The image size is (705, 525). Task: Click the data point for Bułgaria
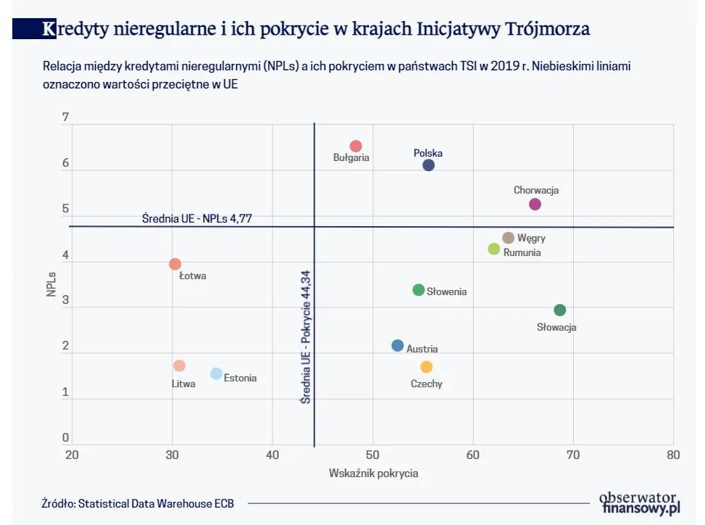pos(356,146)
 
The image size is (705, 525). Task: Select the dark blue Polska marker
pos(428,165)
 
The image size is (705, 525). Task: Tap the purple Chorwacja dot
pos(535,204)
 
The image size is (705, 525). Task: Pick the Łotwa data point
pos(175,265)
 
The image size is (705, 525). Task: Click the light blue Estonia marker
pos(216,373)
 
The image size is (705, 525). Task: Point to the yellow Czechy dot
pos(426,367)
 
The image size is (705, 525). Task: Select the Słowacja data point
pos(559,310)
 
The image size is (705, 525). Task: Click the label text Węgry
pos(531,238)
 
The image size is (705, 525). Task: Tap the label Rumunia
pos(522,253)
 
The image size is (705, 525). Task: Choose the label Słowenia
pos(446,292)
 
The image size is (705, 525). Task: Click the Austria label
pos(422,349)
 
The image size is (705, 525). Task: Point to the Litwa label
pos(183,384)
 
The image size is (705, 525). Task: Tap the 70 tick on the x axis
pos(572,455)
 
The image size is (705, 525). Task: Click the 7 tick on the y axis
pos(65,117)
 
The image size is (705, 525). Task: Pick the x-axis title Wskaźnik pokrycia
pos(373,474)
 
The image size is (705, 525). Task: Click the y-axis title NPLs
pos(52,284)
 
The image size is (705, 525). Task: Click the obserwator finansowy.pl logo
pos(638,503)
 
